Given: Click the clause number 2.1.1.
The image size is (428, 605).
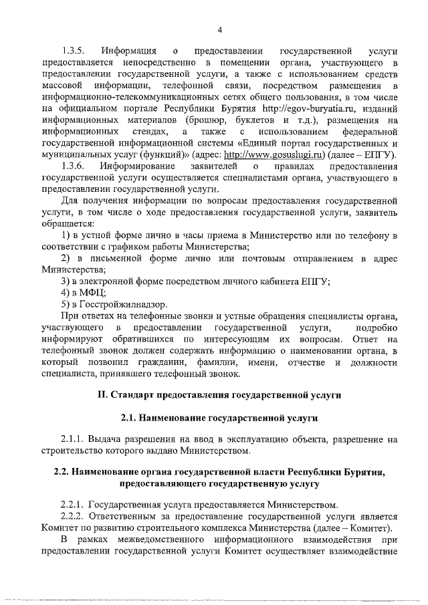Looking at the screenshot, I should coord(72,440).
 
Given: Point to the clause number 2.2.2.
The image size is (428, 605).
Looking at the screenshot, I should coord(72,517).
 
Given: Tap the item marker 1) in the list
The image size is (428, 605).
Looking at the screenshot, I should coord(66,235).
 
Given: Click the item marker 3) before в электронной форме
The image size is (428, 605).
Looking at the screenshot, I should coord(66,281).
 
